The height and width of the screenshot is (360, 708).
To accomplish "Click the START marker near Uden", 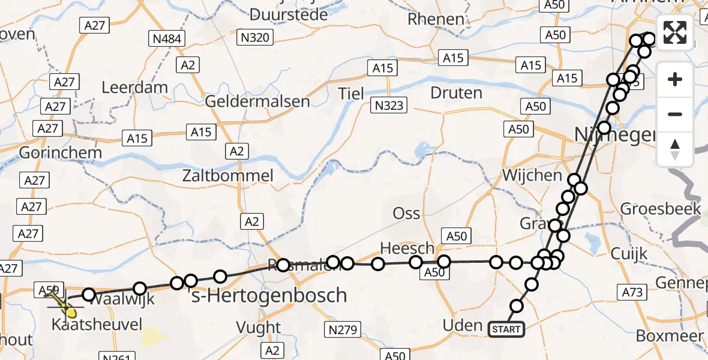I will click(506, 329).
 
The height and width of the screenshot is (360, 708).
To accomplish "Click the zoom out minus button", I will click(675, 114).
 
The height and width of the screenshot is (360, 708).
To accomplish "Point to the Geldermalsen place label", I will click(257, 101).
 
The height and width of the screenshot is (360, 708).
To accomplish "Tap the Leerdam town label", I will click(135, 87).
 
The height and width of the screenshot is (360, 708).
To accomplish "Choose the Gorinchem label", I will click(60, 152).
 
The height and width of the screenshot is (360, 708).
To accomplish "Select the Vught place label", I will click(259, 327).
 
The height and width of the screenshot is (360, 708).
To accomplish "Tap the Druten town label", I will click(457, 93).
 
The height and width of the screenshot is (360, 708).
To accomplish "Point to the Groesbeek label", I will click(661, 209).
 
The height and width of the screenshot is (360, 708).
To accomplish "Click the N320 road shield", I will click(256, 37).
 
